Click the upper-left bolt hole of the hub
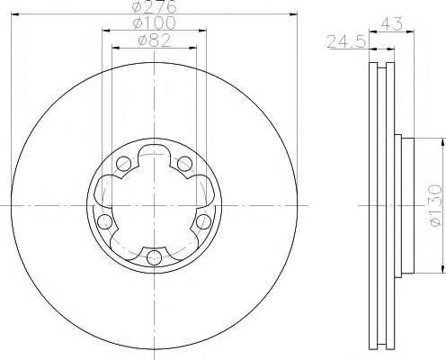click(123, 163)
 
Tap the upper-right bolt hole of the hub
click(184, 162)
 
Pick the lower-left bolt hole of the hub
click(105, 221)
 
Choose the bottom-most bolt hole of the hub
click(154, 257)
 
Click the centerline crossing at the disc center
click(154, 205)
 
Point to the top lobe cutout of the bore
click(154, 152)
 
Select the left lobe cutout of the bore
click(105, 190)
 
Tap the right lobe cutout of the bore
click(203, 190)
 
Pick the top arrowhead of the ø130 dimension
click(442, 140)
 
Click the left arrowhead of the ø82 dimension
click(114, 47)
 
